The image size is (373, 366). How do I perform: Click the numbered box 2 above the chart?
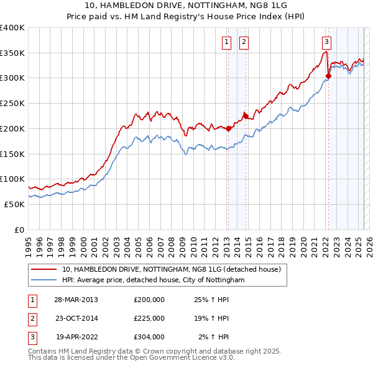tap(243, 42)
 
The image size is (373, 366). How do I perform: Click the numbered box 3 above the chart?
tap(326, 42)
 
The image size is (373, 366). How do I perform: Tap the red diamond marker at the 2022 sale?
tap(328, 76)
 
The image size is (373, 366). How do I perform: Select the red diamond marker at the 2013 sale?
tap(228, 129)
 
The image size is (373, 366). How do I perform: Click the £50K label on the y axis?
tap(14, 204)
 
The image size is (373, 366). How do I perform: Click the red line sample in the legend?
tap(44, 270)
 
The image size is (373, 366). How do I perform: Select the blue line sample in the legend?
tap(44, 280)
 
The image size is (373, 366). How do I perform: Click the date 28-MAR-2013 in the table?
tap(76, 300)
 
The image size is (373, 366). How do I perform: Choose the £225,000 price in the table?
tap(149, 318)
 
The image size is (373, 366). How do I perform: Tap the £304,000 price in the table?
tap(149, 337)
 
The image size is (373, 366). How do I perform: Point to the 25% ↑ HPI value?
tap(211, 300)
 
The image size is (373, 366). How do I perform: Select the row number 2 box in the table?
tap(30, 318)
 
